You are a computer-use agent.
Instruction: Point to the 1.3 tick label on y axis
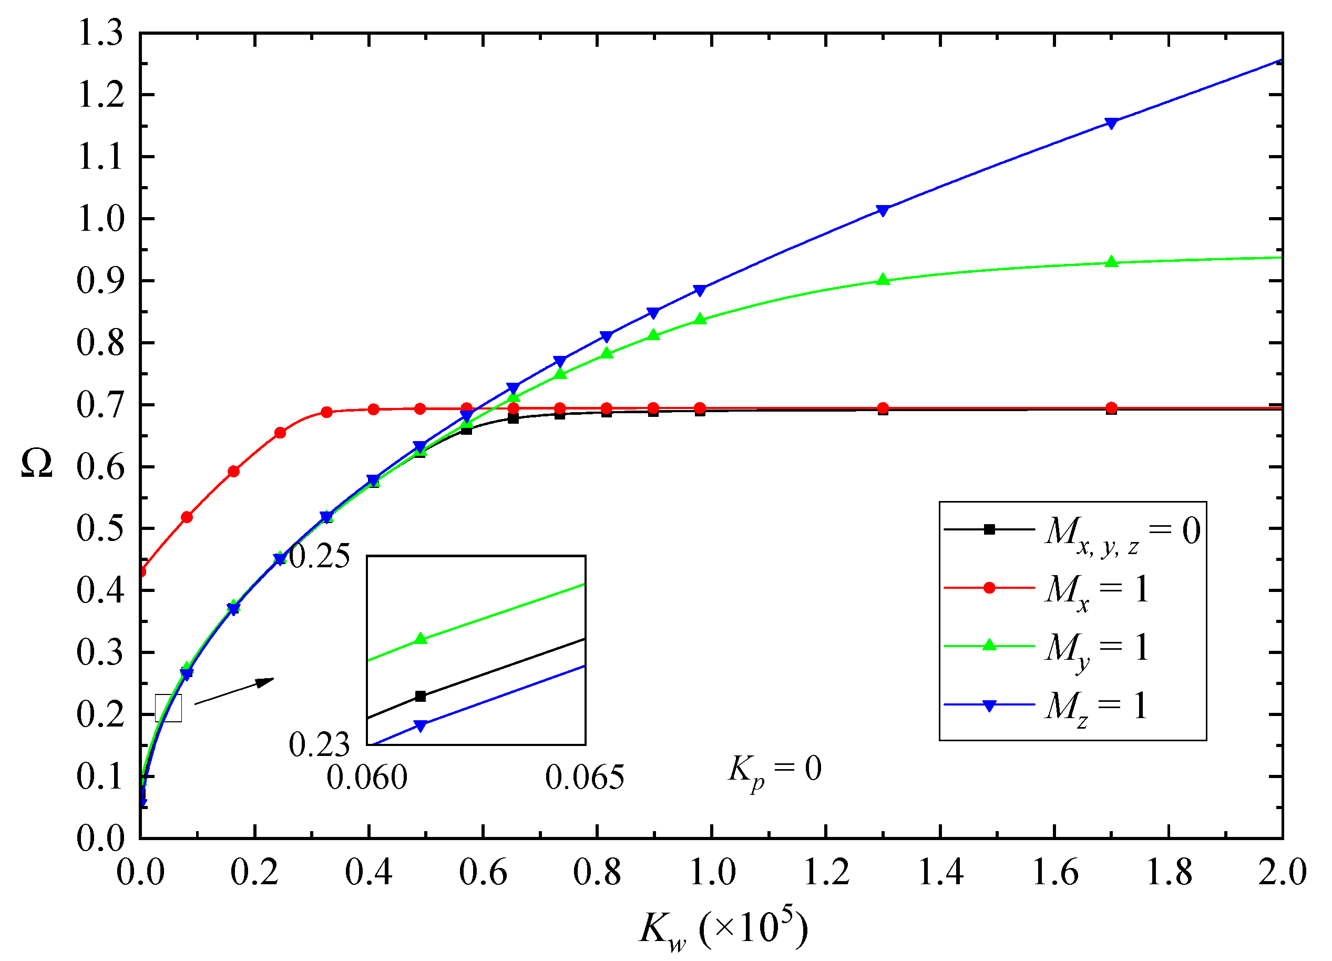click(100, 33)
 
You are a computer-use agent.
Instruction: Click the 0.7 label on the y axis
click(100, 405)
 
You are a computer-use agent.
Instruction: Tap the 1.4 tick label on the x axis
click(940, 872)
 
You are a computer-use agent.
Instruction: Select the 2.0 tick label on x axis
click(1282, 872)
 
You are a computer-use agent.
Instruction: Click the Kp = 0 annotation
click(775, 770)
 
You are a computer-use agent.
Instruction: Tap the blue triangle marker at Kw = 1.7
click(1111, 123)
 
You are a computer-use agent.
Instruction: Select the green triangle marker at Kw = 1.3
click(883, 280)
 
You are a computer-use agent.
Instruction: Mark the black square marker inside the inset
click(421, 697)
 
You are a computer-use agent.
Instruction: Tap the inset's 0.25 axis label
click(320, 556)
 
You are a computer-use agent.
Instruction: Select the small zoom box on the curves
click(169, 708)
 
